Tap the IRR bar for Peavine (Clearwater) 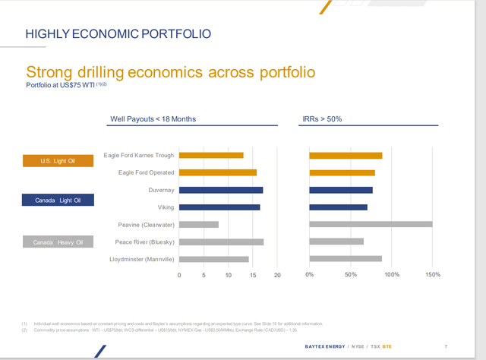(371, 224)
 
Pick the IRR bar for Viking (338, 207)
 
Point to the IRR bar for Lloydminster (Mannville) (346, 259)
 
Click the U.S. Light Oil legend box (58, 161)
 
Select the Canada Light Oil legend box (58, 201)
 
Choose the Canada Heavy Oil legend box (58, 242)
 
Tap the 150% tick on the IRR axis (432, 275)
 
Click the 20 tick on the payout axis (277, 275)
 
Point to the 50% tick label (351, 275)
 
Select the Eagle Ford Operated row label (146, 172)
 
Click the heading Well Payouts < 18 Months (153, 119)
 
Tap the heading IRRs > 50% (323, 119)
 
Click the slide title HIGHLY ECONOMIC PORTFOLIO (118, 34)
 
